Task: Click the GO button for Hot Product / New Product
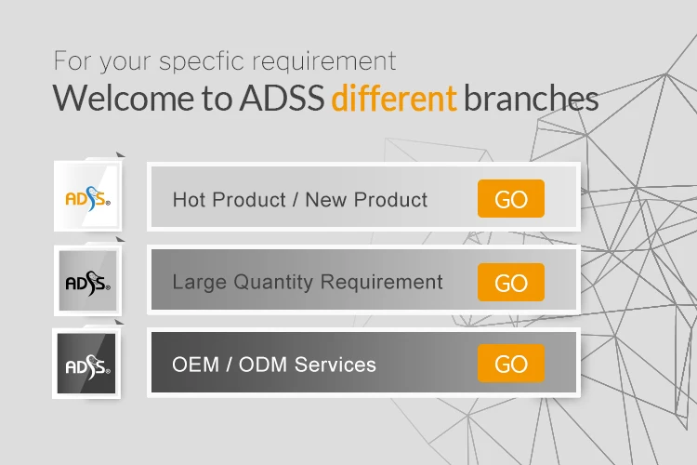pos(511,198)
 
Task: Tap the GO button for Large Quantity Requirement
pos(511,282)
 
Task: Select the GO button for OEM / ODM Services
pos(511,363)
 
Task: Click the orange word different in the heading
pos(394,98)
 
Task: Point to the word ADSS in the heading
pos(283,98)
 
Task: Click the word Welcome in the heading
pos(123,98)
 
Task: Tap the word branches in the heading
pos(532,98)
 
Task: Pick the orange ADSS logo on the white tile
pos(88,198)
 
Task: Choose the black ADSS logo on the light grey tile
pos(88,283)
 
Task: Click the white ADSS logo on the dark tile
pos(88,366)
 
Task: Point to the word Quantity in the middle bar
pos(273,283)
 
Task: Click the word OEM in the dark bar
pos(195,365)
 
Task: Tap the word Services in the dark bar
pos(335,365)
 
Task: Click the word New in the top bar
pos(326,199)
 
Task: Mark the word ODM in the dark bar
pos(263,365)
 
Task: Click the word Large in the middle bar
pos(199,283)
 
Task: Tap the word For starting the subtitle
pos(72,60)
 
